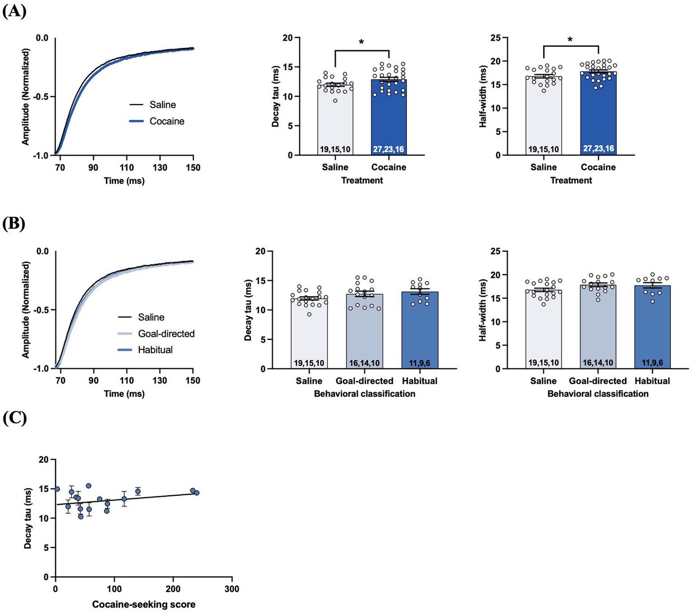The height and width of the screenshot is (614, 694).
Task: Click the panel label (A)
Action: click(14, 10)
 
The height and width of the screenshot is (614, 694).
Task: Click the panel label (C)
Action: click(14, 419)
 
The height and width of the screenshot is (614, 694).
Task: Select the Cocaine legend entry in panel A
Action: click(166, 121)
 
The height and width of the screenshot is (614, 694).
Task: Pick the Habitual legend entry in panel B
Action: click(155, 350)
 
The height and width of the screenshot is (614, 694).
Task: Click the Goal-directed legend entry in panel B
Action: click(166, 334)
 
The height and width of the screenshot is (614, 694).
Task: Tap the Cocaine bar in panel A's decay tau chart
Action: click(389, 117)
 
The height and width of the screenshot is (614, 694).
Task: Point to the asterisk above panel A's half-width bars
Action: click(571, 40)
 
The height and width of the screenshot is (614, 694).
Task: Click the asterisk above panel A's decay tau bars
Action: click(361, 43)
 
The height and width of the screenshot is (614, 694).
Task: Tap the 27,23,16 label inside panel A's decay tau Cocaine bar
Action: click(389, 149)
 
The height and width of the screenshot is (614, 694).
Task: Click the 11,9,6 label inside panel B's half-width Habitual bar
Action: click(652, 363)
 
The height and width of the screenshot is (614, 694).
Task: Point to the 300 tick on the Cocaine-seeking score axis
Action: click(232, 589)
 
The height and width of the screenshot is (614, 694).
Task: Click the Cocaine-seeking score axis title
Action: click(144, 605)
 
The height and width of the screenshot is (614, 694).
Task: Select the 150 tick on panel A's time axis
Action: click(193, 167)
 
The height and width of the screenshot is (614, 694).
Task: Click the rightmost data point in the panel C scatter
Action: click(197, 493)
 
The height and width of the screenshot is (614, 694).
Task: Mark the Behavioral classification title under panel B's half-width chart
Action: click(598, 394)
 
